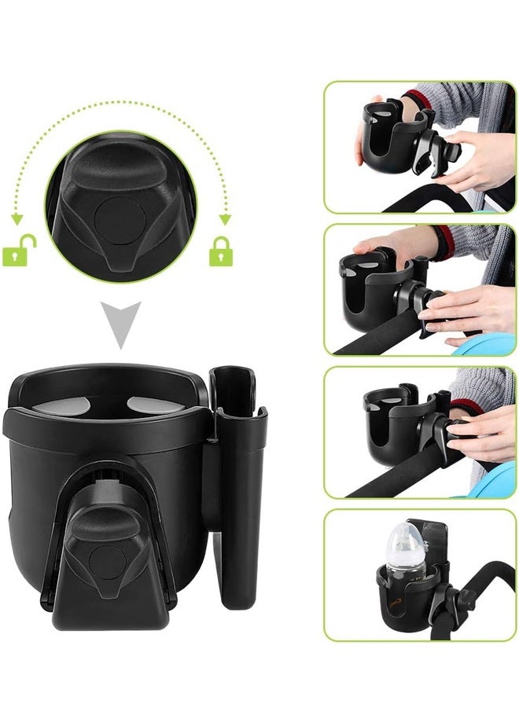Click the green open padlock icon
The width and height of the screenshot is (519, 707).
tap(20, 252)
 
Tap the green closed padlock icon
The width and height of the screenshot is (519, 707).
tap(220, 252)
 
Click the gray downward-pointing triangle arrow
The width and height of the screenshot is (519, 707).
tap(122, 324)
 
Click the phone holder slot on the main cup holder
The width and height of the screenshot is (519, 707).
tap(236, 471)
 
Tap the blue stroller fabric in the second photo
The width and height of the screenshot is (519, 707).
tap(488, 343)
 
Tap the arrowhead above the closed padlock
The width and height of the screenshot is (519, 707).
tap(226, 219)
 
